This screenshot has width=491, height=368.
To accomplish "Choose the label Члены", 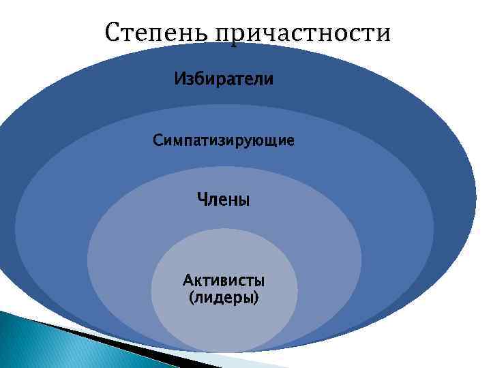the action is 224,200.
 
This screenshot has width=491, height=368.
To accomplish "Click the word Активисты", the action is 224,280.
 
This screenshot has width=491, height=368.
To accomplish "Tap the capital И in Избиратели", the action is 179,80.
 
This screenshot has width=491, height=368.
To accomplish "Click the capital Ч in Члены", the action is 202,200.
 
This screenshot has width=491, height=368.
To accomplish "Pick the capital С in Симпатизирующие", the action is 158,140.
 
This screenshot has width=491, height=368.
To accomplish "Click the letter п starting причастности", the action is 220,35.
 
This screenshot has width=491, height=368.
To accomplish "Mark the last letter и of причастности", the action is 385,33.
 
